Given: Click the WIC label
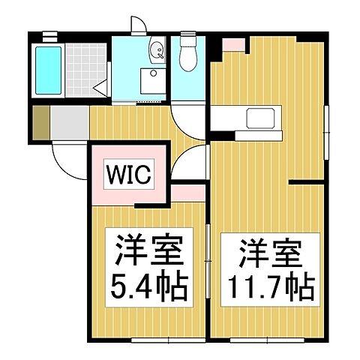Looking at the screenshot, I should pyautogui.click(x=132, y=175).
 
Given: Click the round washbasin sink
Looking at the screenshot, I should pyautogui.click(x=157, y=51).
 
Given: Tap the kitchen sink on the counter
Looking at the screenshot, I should pyautogui.click(x=260, y=118).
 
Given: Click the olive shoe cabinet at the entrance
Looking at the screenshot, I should pyautogui.click(x=41, y=124).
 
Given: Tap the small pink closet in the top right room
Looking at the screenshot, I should pyautogui.click(x=233, y=43).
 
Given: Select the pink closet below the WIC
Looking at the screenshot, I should pyautogui.click(x=182, y=194).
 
